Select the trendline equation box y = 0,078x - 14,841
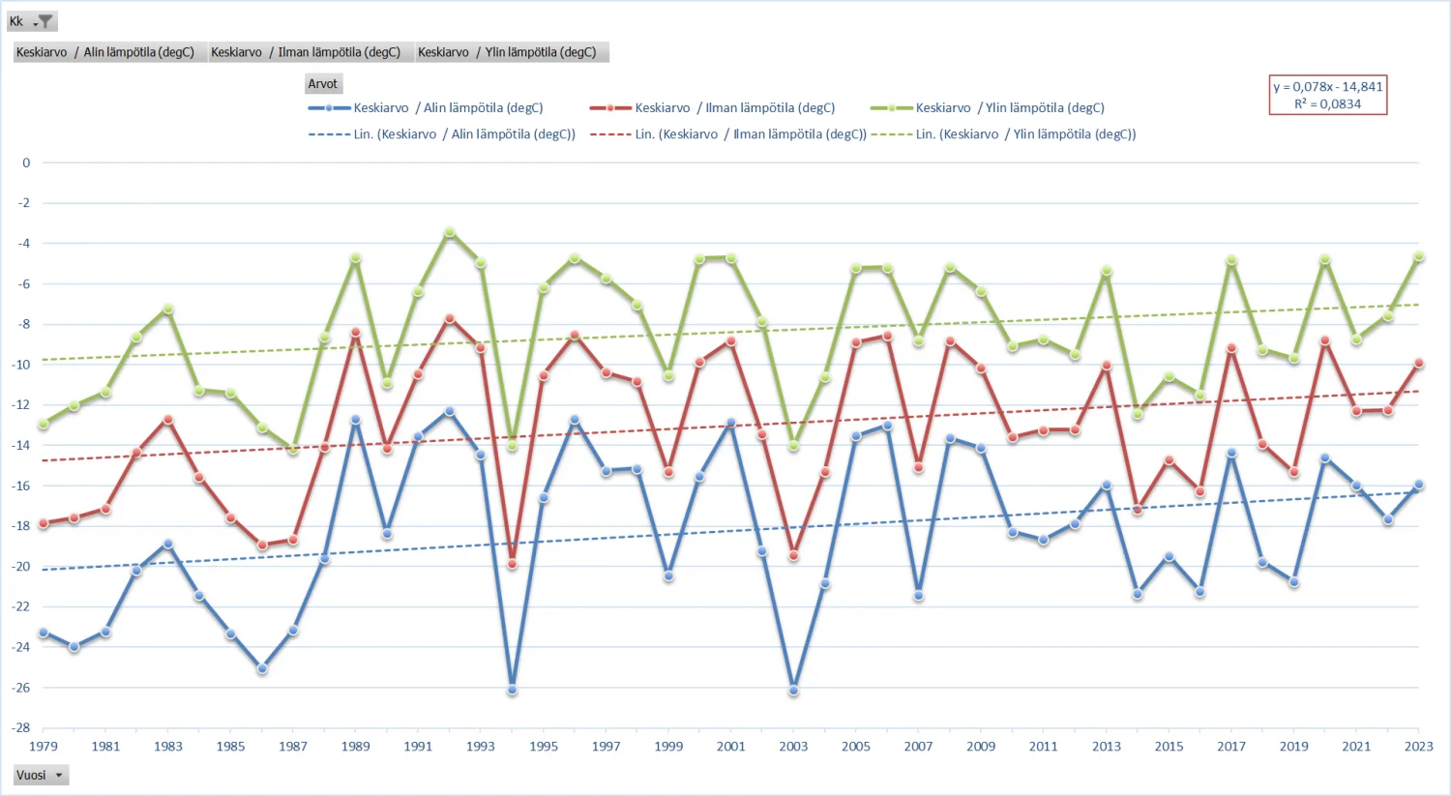click(x=1327, y=95)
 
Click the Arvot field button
click(x=323, y=84)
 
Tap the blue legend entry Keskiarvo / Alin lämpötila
click(x=426, y=107)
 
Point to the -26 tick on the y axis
click(x=21, y=688)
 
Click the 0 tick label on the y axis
click(x=26, y=162)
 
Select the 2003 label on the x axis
click(x=793, y=747)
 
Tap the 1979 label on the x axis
click(x=44, y=747)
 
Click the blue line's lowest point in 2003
click(x=793, y=691)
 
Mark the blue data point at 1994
click(x=512, y=690)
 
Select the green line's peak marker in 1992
click(x=450, y=232)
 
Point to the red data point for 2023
click(x=1418, y=364)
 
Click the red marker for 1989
click(x=356, y=333)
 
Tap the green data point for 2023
click(x=1418, y=256)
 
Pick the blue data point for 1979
click(x=44, y=633)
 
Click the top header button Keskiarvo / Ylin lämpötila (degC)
click(x=512, y=52)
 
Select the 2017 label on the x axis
click(x=1230, y=747)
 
